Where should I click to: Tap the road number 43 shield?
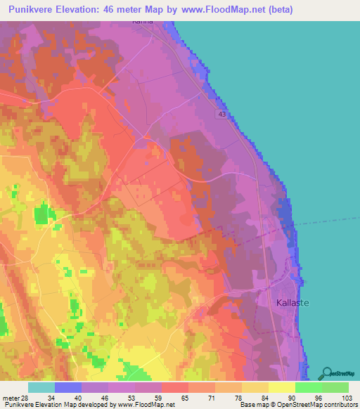pyautogui.click(x=222, y=114)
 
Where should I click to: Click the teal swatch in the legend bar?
pyautogui.click(x=41, y=387)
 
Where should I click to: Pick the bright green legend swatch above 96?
pyautogui.click(x=308, y=387)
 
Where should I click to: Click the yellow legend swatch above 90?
pyautogui.click(x=281, y=387)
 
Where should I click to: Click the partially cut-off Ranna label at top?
pyautogui.click(x=143, y=22)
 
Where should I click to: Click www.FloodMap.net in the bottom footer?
pyautogui.click(x=147, y=405)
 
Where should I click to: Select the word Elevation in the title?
pyautogui.click(x=90, y=10)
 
